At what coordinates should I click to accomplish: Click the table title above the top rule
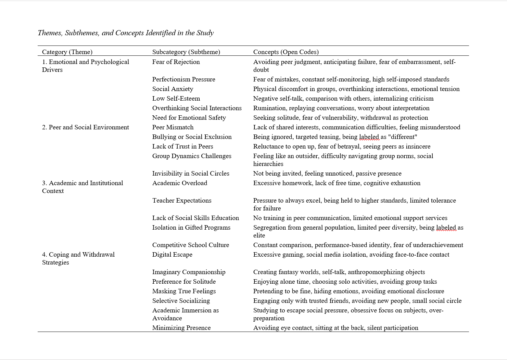point(126,33)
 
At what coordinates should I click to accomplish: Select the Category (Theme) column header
point(67,52)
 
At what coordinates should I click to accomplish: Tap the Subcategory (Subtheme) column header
point(186,52)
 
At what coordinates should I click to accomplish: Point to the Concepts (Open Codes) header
point(286,52)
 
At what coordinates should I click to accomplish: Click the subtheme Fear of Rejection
point(176,62)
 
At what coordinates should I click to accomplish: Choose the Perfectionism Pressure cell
point(183,79)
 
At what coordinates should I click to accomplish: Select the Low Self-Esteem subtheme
point(176,99)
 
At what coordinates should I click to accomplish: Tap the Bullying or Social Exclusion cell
point(192,137)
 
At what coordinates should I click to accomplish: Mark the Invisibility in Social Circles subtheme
point(191,173)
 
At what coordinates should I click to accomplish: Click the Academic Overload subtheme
point(180,183)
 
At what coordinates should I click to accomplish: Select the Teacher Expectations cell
point(182,201)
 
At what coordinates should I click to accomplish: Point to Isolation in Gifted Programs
point(191,228)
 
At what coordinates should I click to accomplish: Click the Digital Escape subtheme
point(172,255)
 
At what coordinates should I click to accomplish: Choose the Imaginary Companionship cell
point(189,272)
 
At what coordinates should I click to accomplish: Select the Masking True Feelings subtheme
point(184,291)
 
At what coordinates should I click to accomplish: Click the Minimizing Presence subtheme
point(181,328)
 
